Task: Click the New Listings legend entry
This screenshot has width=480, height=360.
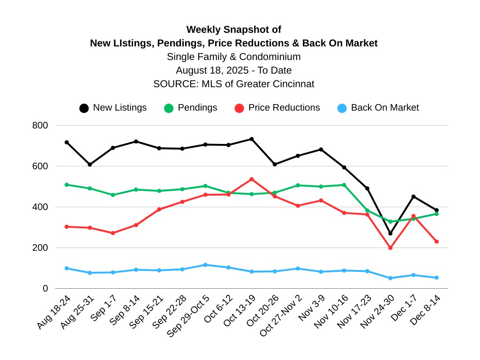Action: (113, 108)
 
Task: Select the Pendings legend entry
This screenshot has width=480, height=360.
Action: (191, 108)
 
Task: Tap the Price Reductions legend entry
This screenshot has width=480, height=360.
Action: (277, 108)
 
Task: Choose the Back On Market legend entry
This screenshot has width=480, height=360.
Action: (378, 108)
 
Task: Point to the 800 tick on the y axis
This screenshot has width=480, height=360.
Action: (40, 126)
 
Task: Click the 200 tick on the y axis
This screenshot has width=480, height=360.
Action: (40, 247)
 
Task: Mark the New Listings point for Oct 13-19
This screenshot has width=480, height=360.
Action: (252, 139)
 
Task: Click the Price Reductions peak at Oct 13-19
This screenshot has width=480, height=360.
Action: (252, 179)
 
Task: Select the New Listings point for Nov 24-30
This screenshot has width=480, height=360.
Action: (390, 233)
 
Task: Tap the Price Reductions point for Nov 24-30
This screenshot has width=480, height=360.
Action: (390, 247)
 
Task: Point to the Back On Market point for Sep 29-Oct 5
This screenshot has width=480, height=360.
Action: (205, 265)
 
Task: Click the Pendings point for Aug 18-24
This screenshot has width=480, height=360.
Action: (67, 185)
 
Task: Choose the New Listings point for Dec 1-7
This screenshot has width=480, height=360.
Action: (413, 196)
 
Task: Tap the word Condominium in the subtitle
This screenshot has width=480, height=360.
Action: (270, 57)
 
